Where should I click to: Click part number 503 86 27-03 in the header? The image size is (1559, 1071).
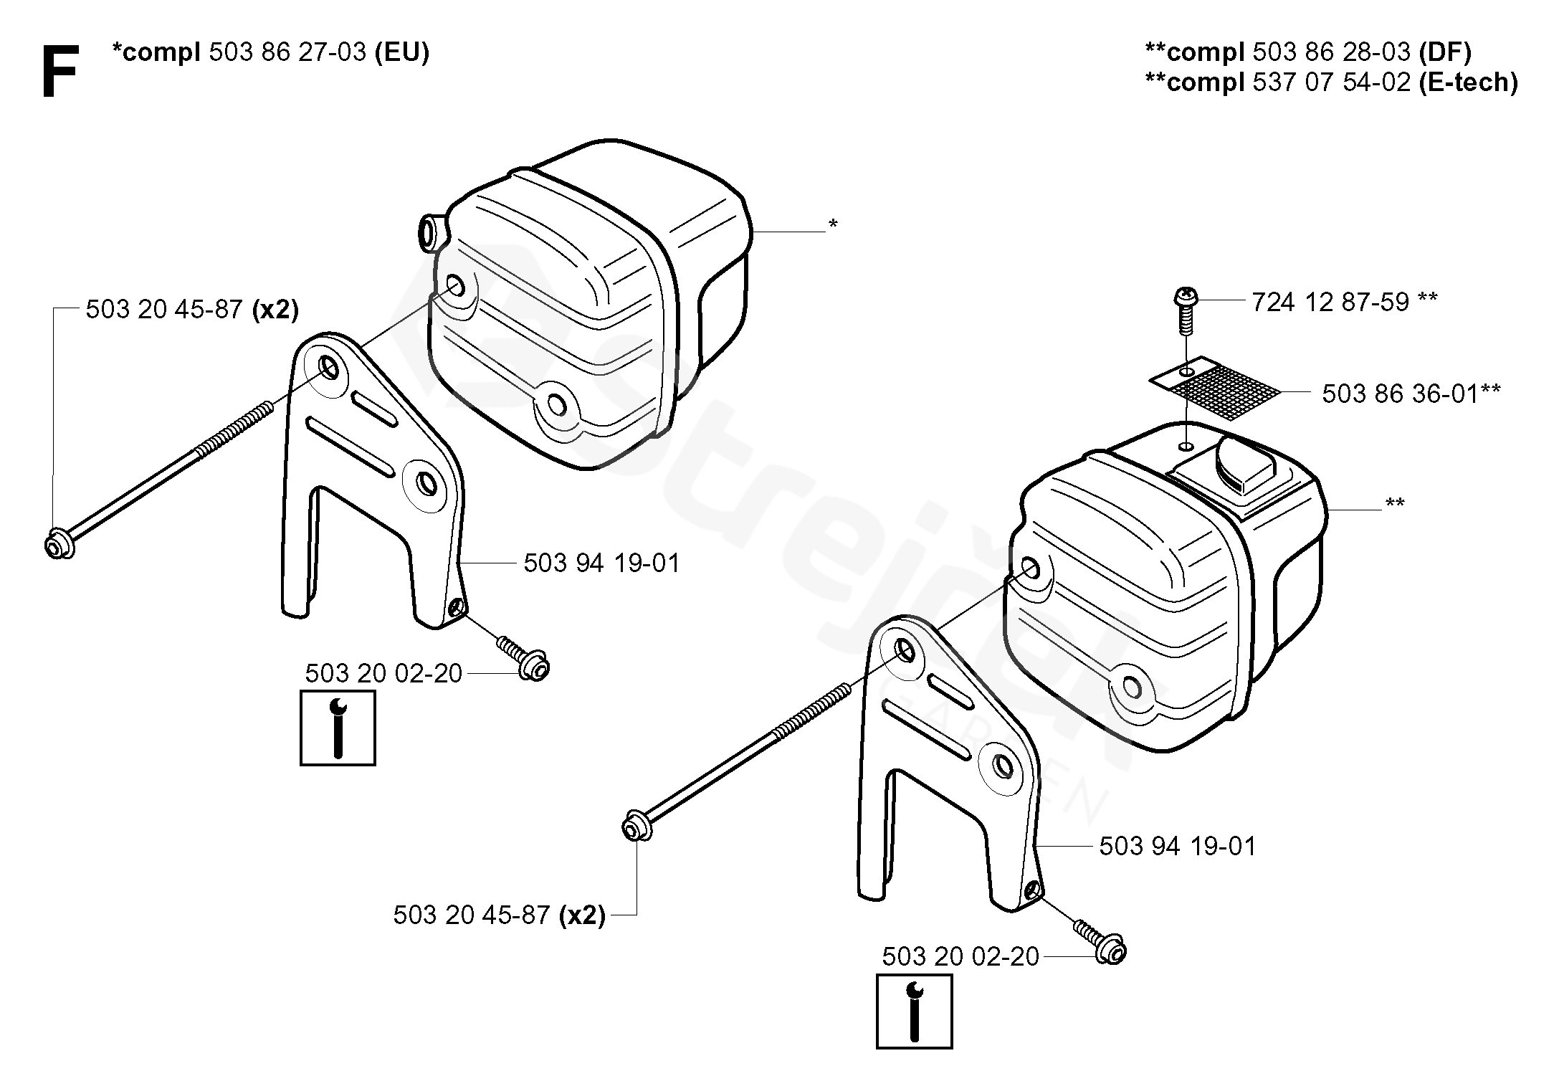pos(287,52)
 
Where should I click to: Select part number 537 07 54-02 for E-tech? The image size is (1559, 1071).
pos(1333,82)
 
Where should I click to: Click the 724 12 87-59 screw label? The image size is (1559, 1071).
pos(1330,303)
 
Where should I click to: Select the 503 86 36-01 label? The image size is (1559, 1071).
pos(1400,394)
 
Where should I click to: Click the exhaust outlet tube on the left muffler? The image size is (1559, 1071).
pos(432,233)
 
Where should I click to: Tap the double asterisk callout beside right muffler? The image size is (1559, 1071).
pos(1394,505)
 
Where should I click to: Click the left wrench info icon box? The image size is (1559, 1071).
pos(338,728)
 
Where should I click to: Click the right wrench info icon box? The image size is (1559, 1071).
pos(914,1011)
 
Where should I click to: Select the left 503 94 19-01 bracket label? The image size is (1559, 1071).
pos(601,563)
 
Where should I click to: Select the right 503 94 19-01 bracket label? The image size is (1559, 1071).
pos(1178,847)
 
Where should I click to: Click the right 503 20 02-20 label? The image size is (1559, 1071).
pos(960,957)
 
